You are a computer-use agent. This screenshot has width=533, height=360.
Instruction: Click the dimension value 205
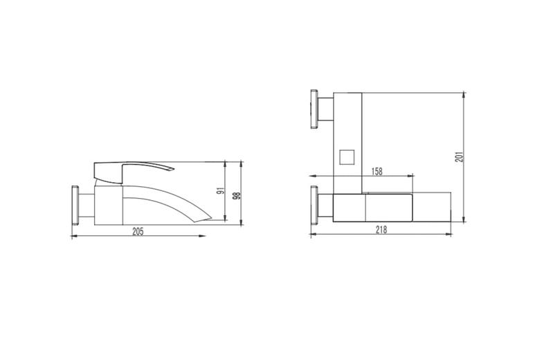[x=138, y=231]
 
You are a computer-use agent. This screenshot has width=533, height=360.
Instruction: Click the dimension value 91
[x=221, y=190]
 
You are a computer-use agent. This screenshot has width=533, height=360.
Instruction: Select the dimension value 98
[x=237, y=195]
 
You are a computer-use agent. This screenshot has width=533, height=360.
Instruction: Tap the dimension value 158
[x=377, y=171]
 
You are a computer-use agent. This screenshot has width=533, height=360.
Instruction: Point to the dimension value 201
[x=459, y=156]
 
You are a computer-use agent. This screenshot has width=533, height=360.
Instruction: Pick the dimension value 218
[x=381, y=230]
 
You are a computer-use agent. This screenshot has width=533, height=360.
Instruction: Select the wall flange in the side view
[x=75, y=205]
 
